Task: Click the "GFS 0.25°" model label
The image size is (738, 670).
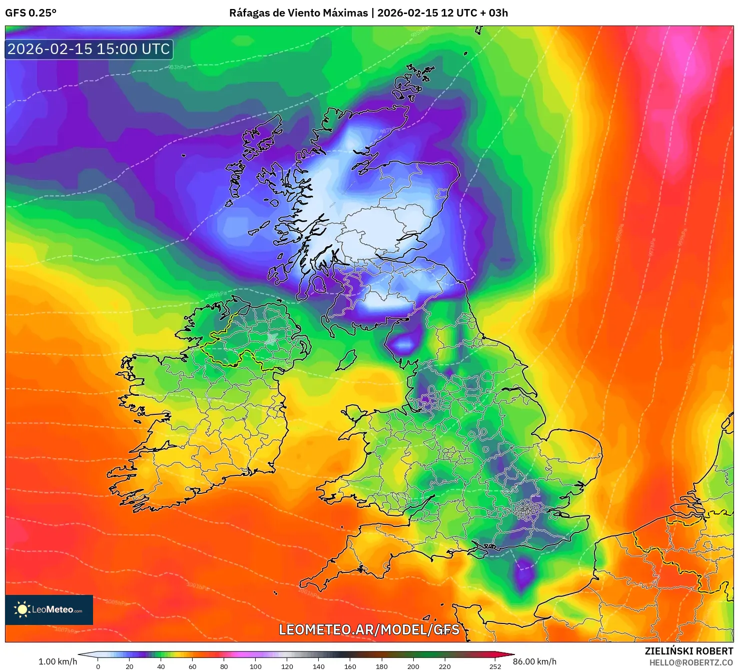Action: pos(31,13)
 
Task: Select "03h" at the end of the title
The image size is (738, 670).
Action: pos(498,13)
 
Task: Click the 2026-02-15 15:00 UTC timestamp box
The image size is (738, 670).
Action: pos(89,49)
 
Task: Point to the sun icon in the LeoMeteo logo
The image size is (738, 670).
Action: pos(22,609)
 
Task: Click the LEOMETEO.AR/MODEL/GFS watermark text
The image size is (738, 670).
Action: pos(369,629)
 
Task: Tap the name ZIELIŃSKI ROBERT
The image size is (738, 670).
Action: pos(688,651)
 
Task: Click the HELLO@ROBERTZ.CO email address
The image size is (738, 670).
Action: pos(691,662)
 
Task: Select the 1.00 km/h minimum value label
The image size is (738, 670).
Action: pos(58,661)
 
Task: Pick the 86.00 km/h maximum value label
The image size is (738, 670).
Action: pos(534,661)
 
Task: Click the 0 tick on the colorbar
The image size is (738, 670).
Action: pos(98,666)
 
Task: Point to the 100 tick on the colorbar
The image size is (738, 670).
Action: pos(256,666)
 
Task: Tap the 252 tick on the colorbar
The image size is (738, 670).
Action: pos(495,666)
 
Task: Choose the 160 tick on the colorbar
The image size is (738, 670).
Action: pos(350,666)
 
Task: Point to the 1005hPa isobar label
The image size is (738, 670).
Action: pos(116,602)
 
